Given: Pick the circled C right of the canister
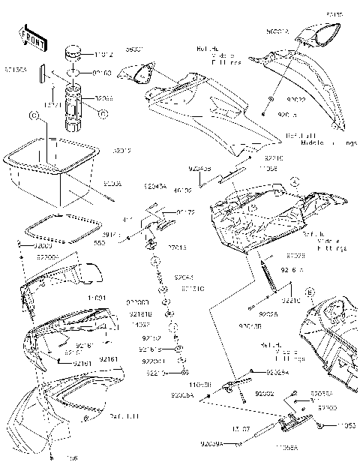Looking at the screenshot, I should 103,113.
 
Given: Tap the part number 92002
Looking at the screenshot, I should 264,392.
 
